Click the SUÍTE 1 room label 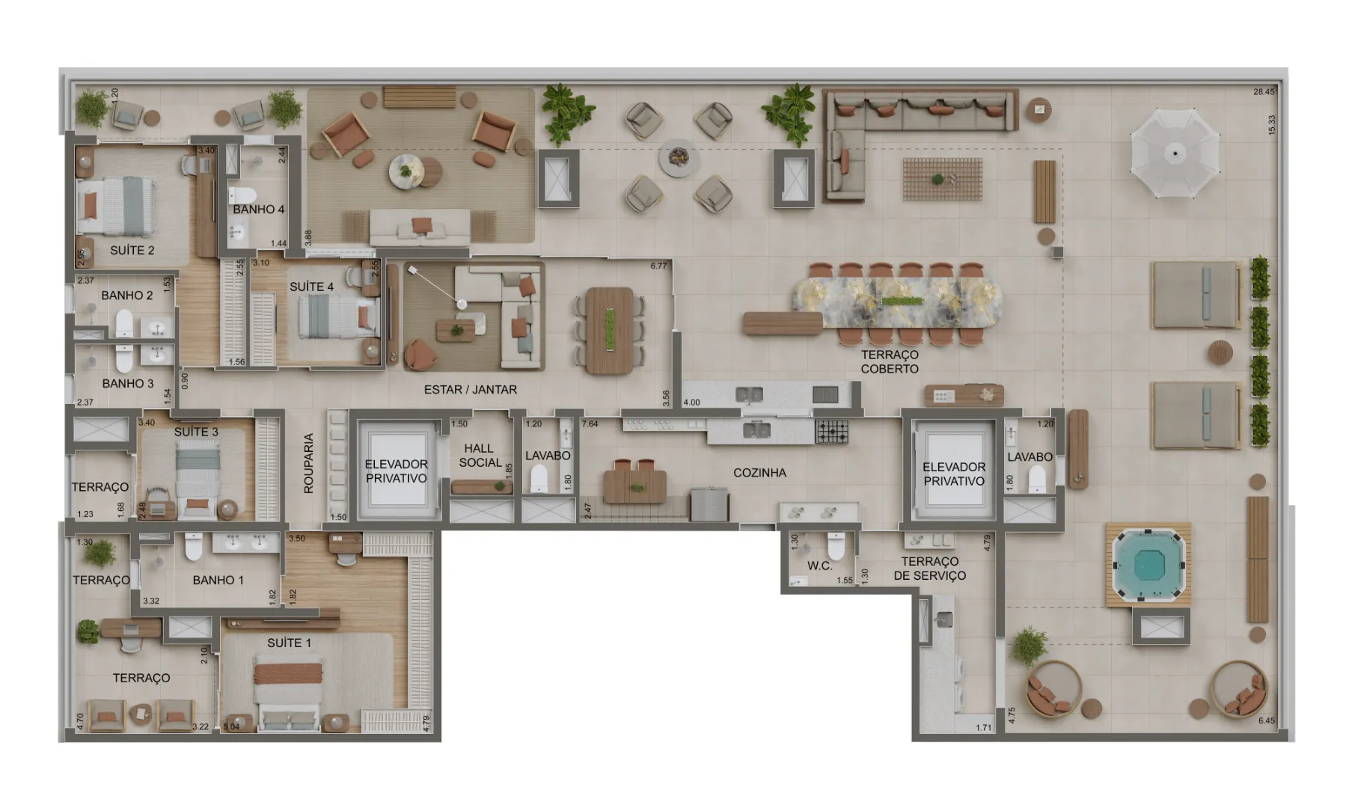tap(289, 643)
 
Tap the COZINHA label tap(759, 473)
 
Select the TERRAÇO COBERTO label tap(890, 362)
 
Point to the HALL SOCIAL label tap(480, 456)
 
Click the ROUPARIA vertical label tap(309, 463)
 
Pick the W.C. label tap(819, 566)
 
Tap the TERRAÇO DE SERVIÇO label tap(930, 569)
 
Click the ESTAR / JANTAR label tap(471, 390)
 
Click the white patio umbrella tap(1175, 153)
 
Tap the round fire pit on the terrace tap(679, 157)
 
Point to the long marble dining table tap(897, 303)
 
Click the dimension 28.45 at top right tap(1264, 92)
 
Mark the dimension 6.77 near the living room tap(658, 266)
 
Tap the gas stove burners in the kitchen tap(832, 432)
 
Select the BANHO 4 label tap(258, 209)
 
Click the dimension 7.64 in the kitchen tap(590, 424)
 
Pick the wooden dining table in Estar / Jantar tap(610, 331)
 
